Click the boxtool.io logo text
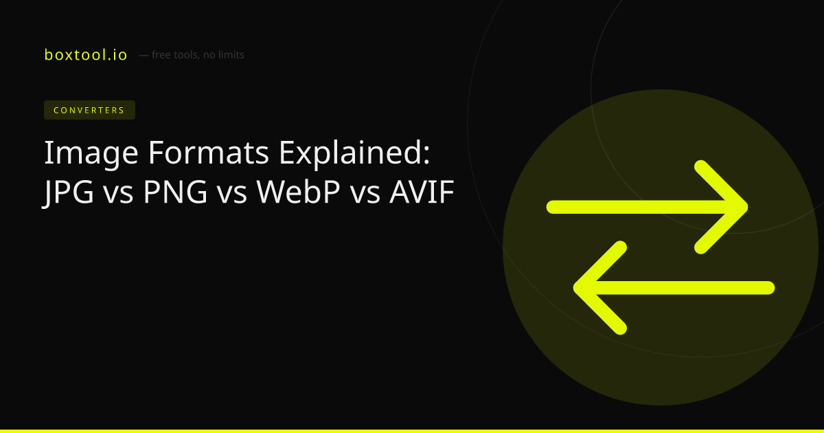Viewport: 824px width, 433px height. click(85, 55)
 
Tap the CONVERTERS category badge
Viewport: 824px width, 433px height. click(89, 110)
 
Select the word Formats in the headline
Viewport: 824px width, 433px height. click(208, 152)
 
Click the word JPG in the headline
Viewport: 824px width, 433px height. click(69, 193)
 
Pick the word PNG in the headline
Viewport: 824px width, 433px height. click(175, 192)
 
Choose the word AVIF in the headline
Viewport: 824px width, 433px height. click(422, 192)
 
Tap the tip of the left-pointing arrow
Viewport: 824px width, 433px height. click(574, 288)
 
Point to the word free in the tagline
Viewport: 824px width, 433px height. click(161, 55)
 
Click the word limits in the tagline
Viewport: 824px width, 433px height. click(231, 55)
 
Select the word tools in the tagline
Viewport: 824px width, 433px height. click(187, 55)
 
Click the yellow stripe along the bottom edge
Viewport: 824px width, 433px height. click(412, 431)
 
